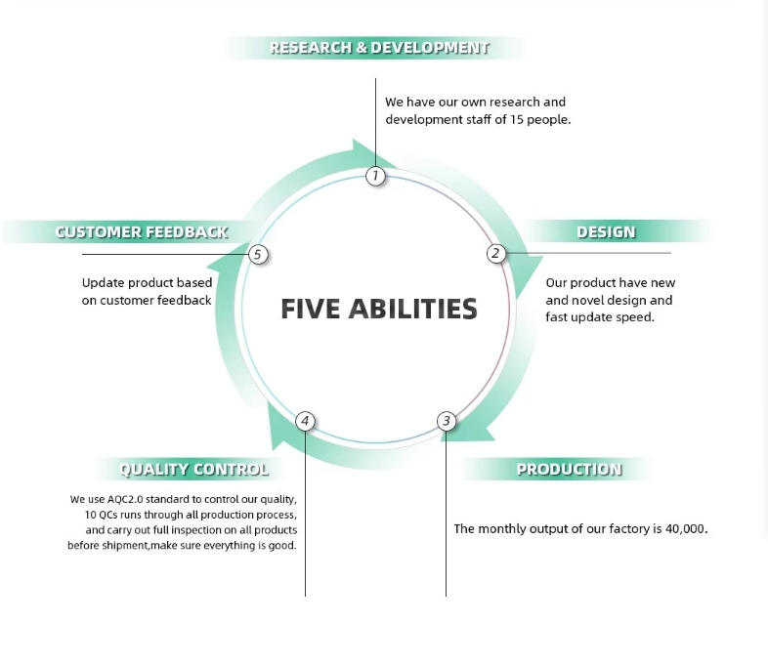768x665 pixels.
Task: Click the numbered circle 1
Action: point(376,176)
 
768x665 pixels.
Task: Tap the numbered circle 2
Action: point(495,254)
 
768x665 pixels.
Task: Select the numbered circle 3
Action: point(447,421)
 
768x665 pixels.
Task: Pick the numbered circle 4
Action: point(305,421)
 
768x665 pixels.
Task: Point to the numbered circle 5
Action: point(258,255)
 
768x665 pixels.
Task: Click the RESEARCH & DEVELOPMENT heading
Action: point(379,47)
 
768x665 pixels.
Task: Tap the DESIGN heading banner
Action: point(606,232)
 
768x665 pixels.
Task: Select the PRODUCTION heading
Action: point(569,469)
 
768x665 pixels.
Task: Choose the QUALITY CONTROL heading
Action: point(193,470)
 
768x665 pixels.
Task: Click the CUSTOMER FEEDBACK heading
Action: point(142,232)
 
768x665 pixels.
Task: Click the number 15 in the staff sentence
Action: point(518,120)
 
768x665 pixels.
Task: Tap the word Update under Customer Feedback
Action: point(103,283)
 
